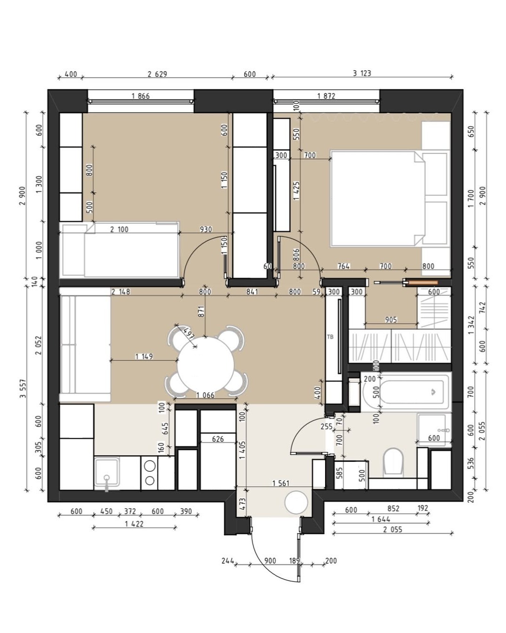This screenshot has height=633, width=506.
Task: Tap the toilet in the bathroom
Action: pos(393,461)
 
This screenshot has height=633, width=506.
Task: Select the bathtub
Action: pos(406,391)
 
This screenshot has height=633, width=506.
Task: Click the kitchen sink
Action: pos(107,473)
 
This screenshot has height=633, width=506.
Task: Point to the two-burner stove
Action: pos(150,473)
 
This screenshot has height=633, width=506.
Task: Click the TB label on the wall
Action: pos(330,337)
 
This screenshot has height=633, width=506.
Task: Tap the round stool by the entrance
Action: pos(296,502)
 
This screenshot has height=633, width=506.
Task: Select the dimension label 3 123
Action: pos(362,73)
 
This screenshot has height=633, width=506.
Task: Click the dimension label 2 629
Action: pos(157,74)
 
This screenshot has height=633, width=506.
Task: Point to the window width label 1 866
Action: pos(140,96)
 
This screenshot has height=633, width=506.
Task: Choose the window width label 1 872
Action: pos(326,96)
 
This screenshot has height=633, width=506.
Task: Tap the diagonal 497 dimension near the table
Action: pos(188,333)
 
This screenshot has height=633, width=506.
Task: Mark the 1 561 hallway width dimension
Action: pos(281,483)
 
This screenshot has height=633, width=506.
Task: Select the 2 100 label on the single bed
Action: pos(119,230)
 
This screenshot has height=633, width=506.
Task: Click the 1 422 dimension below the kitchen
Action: pos(134,524)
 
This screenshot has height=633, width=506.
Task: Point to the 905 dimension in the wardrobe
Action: pos(391,320)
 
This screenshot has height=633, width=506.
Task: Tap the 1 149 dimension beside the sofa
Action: pos(144,357)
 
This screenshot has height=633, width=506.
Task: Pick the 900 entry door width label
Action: pos(270,561)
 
